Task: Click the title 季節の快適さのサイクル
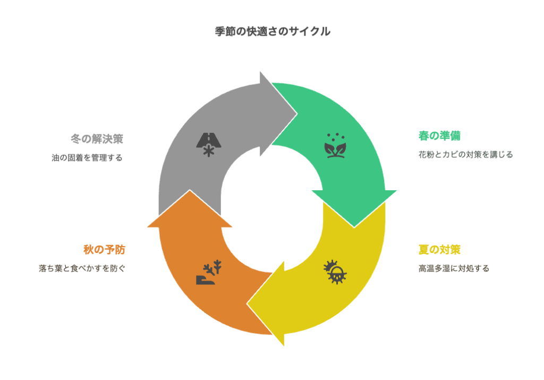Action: click(273, 31)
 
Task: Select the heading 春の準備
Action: click(439, 136)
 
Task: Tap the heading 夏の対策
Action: click(439, 249)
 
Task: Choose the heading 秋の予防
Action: click(104, 249)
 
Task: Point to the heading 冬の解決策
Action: click(97, 139)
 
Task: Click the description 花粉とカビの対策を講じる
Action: click(465, 155)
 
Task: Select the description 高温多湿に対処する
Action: click(454, 268)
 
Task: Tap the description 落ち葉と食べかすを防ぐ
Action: click(82, 268)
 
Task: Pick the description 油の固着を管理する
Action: click(87, 158)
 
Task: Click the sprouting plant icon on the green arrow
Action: click(335, 146)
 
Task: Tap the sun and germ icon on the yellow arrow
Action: click(335, 272)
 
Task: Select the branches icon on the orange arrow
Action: click(209, 272)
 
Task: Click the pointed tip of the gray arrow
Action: click(297, 114)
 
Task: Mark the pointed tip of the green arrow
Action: click(354, 227)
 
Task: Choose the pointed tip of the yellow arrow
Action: click(247, 304)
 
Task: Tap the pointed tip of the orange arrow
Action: click(190, 190)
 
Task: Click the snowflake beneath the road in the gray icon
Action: click(208, 152)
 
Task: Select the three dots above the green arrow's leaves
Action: click(336, 137)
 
